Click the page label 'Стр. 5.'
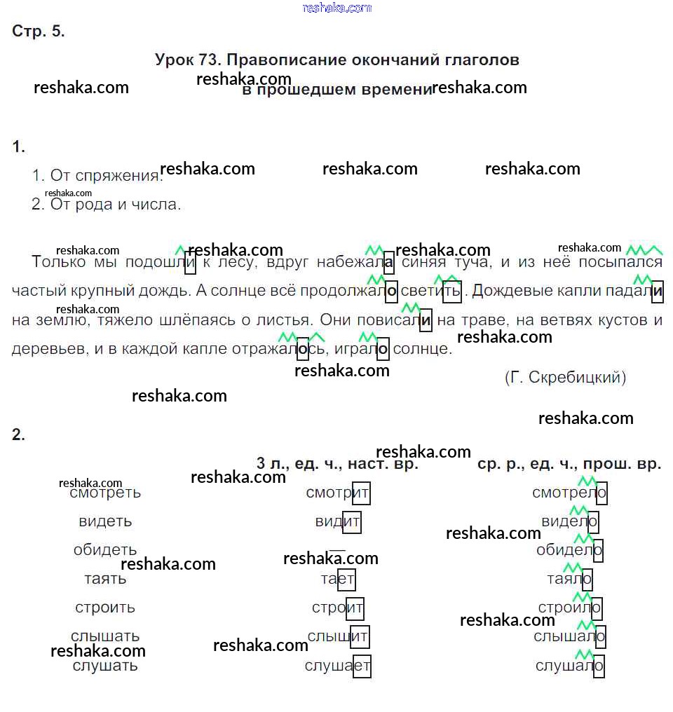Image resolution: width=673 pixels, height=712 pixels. [39, 31]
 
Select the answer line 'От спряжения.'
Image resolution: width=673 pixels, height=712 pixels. [97, 176]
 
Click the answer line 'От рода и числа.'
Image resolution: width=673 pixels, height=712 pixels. [106, 205]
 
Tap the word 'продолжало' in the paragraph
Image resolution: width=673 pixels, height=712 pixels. [348, 290]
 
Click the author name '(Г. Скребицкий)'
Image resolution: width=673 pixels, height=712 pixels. [565, 377]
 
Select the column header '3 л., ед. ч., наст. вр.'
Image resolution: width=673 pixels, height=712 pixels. [337, 464]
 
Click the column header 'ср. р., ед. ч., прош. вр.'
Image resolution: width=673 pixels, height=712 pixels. [569, 464]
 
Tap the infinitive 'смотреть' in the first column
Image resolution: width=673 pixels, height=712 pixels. [105, 493]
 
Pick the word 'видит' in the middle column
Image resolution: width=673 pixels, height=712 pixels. [338, 522]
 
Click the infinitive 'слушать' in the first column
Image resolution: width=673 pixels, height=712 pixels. [105, 666]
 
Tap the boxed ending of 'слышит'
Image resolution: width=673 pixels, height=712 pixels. [360, 637]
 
